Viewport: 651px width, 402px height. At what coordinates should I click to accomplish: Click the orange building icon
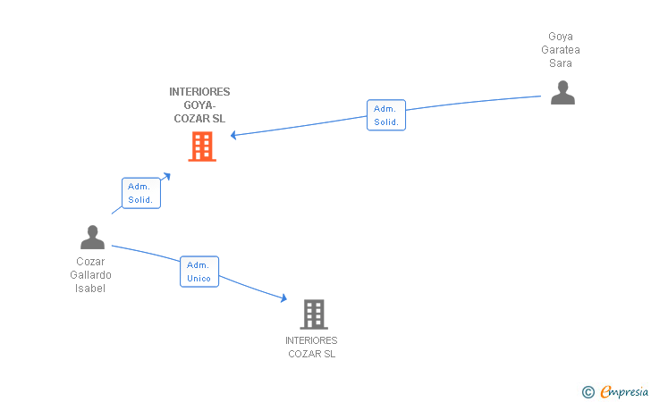coord(202,147)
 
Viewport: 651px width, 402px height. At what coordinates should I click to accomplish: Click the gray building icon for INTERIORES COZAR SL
coord(314,314)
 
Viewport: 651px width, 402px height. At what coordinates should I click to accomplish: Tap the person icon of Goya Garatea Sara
coord(562,93)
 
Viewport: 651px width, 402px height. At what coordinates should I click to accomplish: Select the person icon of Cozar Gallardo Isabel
coord(92,238)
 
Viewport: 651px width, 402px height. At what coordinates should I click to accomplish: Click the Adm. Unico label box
coord(199,272)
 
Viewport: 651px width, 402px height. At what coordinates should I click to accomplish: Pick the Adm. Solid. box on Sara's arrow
coord(386,115)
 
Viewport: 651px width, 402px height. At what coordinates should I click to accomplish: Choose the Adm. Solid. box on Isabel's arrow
coord(140,193)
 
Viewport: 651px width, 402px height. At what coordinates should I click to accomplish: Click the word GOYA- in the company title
coord(199,105)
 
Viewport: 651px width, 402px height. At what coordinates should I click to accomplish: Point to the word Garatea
coord(561,50)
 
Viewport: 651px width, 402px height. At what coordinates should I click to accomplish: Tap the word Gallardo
coord(91,275)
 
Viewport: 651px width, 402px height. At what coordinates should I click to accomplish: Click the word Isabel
coord(91,289)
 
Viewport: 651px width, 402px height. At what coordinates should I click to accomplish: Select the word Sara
coord(561,63)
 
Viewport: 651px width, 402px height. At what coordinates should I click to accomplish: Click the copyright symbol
coord(588,391)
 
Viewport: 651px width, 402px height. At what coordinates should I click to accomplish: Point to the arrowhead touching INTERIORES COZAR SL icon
coord(283,299)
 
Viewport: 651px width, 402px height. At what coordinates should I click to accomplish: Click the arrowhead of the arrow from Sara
coord(233,136)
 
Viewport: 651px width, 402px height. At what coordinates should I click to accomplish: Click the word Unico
coord(199,279)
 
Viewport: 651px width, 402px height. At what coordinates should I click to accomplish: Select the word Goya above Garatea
coord(561,37)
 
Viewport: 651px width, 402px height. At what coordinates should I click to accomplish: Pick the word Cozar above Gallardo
coord(91,262)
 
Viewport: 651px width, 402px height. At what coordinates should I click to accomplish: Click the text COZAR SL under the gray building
coord(311,354)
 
